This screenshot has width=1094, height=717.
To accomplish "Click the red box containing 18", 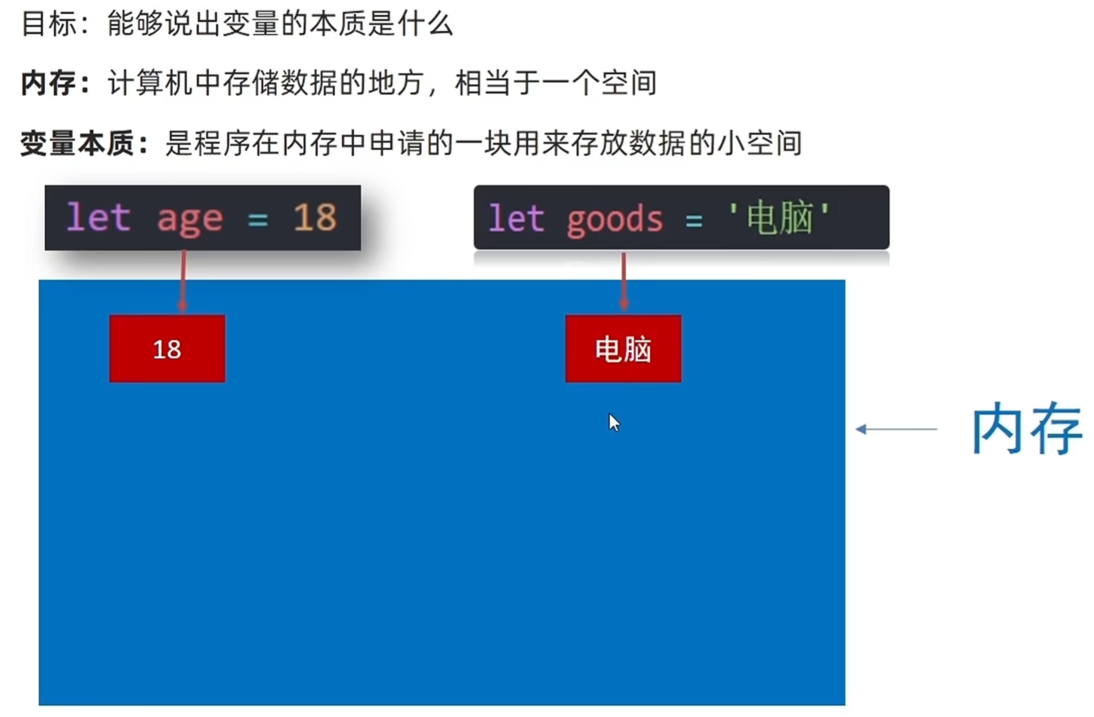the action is coord(167,349).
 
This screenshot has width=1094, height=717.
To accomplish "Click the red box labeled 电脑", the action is coord(623,349).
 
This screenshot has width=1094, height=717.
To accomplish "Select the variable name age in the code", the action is coord(190,219).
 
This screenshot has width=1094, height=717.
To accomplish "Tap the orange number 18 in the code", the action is coord(314,218).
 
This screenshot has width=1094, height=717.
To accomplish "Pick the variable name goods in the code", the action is coord(615,220).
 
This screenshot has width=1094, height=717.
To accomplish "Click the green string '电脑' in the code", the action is coord(779,218).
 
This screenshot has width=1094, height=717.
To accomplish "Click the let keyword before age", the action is coord(98,218).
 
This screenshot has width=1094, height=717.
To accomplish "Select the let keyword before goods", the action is coord(516,219).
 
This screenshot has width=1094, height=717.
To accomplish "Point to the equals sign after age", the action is coord(257,220).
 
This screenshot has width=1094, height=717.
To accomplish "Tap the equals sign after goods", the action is coord(694,220).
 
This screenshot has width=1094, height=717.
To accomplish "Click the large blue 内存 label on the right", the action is coord(1026,429).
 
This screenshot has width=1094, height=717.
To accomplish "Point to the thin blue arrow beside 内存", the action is coord(896,429).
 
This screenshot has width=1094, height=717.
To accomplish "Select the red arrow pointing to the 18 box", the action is coord(183,281).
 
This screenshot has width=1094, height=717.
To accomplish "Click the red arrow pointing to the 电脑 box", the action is coord(624,281).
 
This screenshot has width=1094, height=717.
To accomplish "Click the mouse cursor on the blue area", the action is coord(614,422).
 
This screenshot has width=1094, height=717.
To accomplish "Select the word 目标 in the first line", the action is coord(48,23).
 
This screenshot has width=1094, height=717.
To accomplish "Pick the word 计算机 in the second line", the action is coord(150,82).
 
